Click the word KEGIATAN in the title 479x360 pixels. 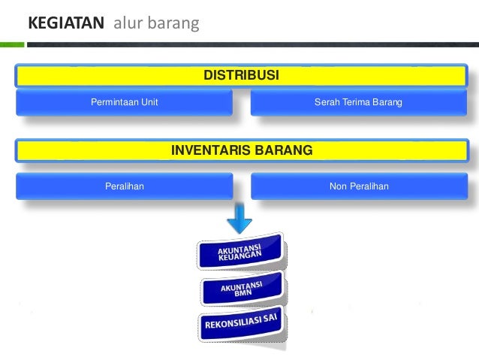click(65, 24)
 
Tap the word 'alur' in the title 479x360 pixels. click(127, 24)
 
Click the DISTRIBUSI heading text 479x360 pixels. click(242, 76)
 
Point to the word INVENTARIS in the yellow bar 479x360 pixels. click(209, 150)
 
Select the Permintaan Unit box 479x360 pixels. click(124, 102)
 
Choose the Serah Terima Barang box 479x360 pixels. click(358, 102)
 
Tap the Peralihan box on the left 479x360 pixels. click(124, 186)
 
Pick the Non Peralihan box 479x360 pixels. click(358, 186)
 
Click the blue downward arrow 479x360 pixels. click(239, 219)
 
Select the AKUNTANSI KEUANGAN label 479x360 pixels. click(239, 253)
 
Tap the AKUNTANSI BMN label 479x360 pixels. click(241, 289)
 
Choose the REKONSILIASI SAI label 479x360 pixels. click(242, 322)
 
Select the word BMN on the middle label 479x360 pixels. click(243, 293)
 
